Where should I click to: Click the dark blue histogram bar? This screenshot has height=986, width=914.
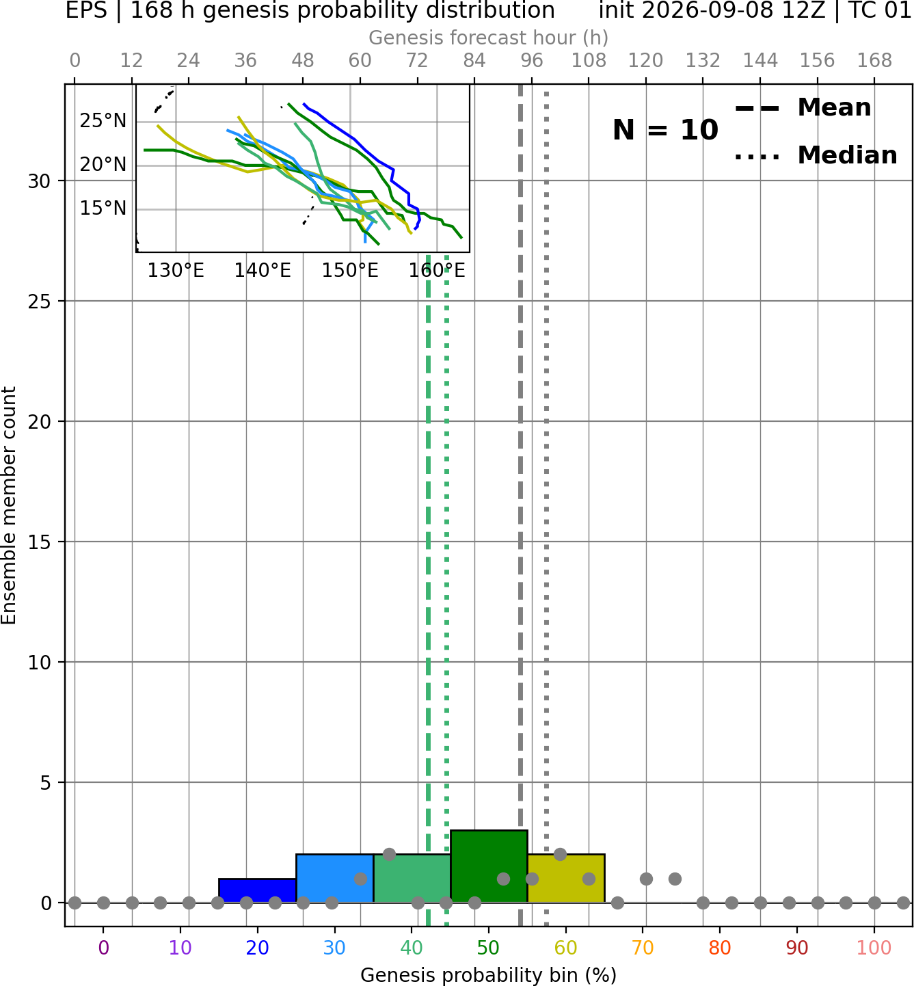tap(258, 890)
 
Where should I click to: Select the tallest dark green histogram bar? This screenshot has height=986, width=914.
tap(489, 866)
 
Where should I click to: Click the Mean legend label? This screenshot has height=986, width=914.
tap(834, 107)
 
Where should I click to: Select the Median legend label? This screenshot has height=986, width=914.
tap(848, 155)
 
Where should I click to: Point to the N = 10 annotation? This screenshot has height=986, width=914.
tap(665, 130)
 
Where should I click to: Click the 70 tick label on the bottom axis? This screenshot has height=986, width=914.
tap(643, 948)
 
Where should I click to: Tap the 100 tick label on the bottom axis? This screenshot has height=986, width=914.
tap(874, 948)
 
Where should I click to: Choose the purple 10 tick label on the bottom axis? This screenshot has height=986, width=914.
tap(180, 948)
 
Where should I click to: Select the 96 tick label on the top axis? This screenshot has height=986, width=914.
tap(532, 61)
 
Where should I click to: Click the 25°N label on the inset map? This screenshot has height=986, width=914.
tap(103, 120)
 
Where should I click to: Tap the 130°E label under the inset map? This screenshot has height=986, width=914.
tap(176, 271)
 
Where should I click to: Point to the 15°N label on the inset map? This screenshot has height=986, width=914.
tap(103, 208)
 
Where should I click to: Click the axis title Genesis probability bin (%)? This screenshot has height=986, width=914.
tap(489, 974)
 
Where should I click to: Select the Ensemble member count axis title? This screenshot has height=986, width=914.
tap(9, 505)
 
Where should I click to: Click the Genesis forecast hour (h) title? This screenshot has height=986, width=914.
tap(489, 38)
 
